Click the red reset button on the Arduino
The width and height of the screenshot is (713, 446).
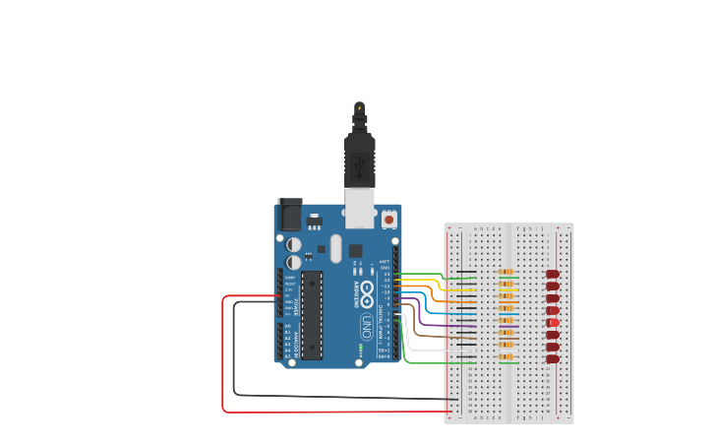389,221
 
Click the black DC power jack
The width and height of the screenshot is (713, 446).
290,214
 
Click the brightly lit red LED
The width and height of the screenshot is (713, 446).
554,323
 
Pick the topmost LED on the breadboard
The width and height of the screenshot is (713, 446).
553,274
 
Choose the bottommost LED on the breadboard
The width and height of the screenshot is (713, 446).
553,358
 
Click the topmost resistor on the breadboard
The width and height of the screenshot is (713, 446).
505,273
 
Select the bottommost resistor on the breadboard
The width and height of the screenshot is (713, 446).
505,356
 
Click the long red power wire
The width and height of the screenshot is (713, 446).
224,354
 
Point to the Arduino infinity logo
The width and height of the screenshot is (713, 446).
366,291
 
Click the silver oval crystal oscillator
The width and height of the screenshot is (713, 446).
335,248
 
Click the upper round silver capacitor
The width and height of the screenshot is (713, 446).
294,244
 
